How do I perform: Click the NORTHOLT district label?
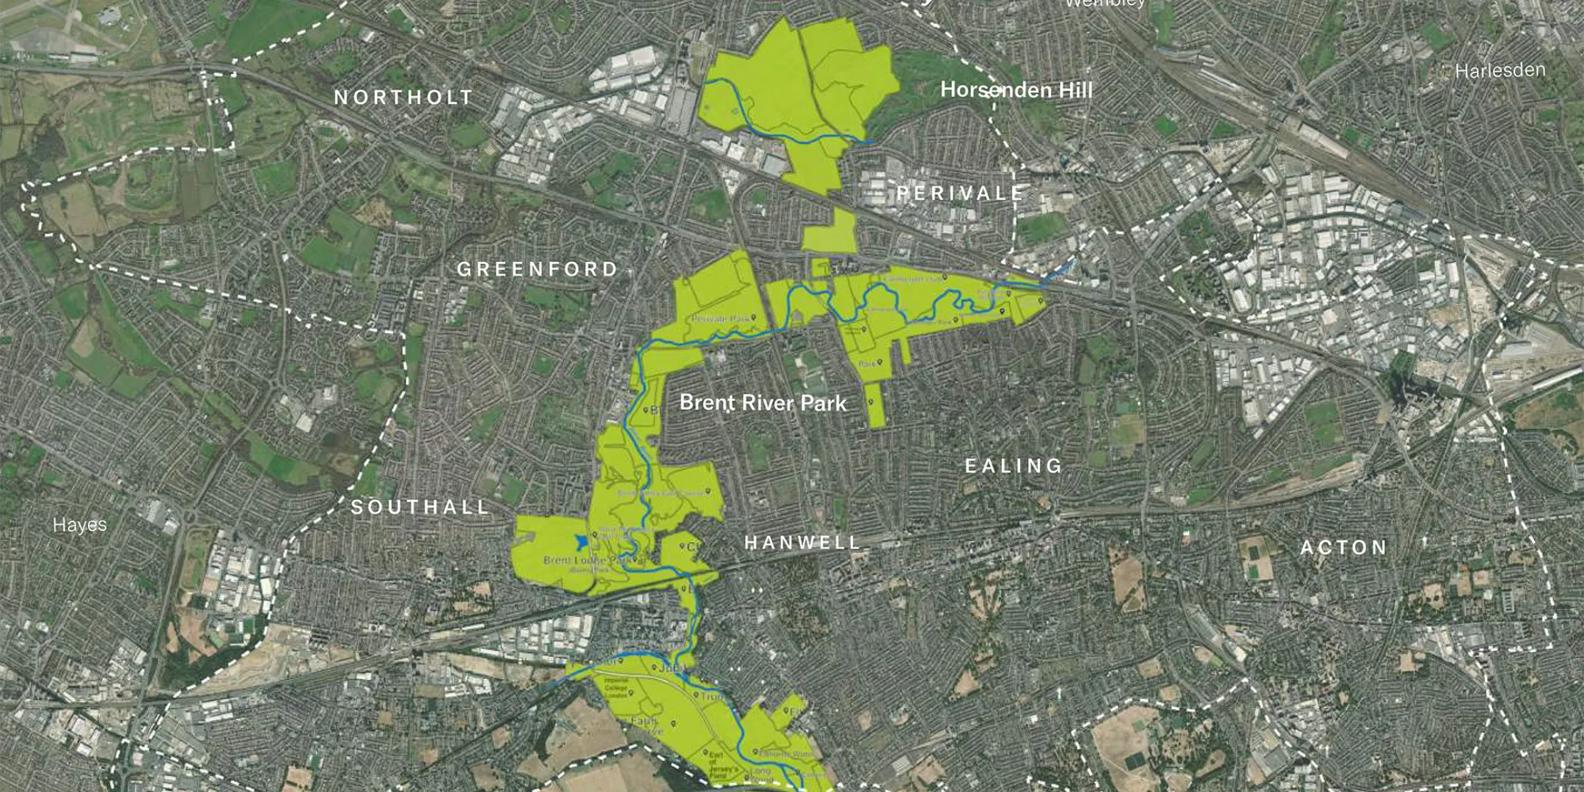tap(403, 98)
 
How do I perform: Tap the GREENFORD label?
tap(538, 269)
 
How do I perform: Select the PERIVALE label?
tap(960, 194)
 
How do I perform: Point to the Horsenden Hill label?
tap(1016, 90)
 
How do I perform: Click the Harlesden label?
tap(1500, 71)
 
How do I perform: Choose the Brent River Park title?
tap(763, 403)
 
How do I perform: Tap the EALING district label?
tap(1013, 466)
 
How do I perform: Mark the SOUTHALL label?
tap(420, 507)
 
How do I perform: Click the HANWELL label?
tap(802, 543)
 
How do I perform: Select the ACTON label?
tap(1343, 548)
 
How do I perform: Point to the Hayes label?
tap(80, 525)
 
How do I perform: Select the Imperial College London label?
tap(616, 687)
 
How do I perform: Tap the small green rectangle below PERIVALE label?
tap(829, 230)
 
